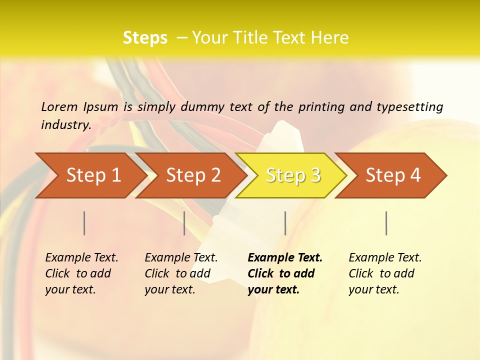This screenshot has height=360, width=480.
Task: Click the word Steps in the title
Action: (145, 38)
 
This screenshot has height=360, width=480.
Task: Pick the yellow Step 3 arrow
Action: (293, 175)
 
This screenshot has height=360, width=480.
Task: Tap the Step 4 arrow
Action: (393, 175)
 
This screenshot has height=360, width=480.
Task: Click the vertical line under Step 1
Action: (84, 223)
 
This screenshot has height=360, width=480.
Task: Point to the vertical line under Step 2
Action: (184, 223)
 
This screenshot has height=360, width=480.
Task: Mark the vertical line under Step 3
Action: (285, 223)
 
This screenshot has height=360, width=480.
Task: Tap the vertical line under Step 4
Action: (386, 223)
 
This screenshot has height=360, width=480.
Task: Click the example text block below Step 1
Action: (81, 273)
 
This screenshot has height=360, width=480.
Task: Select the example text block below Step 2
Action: (181, 273)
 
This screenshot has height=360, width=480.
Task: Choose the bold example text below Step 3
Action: (285, 273)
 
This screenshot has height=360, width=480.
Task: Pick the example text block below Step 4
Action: (385, 273)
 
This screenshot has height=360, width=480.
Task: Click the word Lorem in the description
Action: (59, 107)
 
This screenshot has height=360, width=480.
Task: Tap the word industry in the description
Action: (65, 125)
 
